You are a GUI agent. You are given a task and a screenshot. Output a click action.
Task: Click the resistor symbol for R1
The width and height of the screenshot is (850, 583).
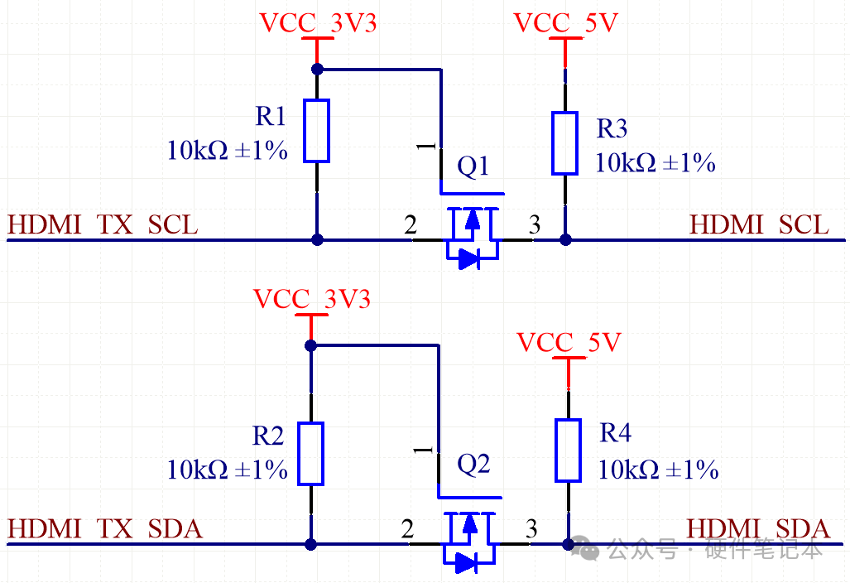(x=317, y=131)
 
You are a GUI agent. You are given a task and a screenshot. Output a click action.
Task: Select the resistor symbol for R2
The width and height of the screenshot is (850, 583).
(x=310, y=453)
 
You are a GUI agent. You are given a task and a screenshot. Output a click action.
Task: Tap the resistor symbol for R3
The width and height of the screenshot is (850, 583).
(x=564, y=143)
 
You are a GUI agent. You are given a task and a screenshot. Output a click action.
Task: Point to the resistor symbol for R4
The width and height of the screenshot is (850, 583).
(x=568, y=450)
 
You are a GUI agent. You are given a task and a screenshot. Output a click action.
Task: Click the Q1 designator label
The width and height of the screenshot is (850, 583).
(x=473, y=166)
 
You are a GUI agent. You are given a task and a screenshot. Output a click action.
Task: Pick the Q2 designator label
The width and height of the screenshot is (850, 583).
(x=473, y=465)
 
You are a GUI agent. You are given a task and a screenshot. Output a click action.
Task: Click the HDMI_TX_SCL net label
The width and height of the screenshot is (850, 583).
(x=103, y=225)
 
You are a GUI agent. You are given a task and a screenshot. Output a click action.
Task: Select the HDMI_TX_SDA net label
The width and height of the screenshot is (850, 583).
(x=104, y=529)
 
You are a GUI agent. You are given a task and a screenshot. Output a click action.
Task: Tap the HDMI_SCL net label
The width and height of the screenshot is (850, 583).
(x=759, y=224)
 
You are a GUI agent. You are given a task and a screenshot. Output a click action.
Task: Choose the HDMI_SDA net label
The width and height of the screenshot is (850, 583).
(x=758, y=529)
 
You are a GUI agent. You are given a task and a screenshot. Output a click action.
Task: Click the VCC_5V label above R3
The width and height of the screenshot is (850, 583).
(x=565, y=23)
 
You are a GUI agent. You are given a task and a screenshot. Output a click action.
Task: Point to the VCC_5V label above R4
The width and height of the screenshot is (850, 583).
(x=569, y=343)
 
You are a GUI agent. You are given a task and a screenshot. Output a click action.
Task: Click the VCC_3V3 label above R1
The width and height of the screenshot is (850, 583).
(x=318, y=23)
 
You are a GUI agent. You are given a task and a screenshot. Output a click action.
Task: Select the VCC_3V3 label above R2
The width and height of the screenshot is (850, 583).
(x=312, y=299)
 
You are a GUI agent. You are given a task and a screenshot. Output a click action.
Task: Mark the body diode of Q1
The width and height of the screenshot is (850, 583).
(x=469, y=258)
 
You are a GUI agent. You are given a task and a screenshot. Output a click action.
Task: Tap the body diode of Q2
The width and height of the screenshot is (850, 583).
(x=466, y=562)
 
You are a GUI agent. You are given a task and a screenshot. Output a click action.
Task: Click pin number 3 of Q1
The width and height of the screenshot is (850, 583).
(x=535, y=224)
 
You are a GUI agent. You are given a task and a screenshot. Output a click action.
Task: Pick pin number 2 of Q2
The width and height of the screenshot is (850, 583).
(x=408, y=529)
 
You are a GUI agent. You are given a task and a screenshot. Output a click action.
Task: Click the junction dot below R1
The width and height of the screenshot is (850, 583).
(x=317, y=239)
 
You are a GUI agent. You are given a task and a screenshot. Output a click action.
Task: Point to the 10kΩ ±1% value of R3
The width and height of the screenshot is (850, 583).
(x=656, y=162)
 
